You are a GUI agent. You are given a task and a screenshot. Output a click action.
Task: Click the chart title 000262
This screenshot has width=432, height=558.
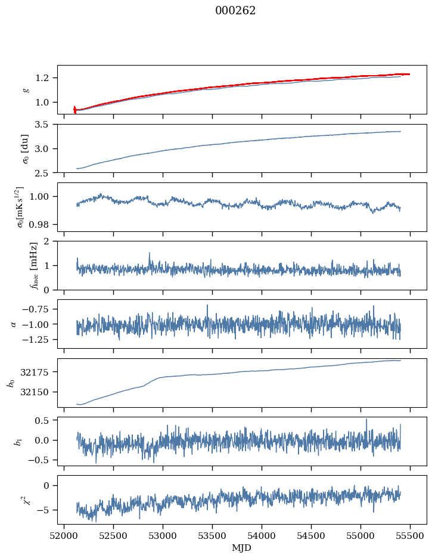click(235, 11)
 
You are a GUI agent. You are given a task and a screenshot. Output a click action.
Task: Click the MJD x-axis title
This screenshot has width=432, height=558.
click(242, 547)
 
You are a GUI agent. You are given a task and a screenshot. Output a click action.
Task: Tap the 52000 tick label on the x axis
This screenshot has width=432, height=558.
click(64, 535)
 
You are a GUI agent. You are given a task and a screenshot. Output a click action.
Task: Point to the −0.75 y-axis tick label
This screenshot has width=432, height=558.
click(39, 309)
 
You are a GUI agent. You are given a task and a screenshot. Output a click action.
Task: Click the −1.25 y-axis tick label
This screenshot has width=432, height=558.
click(39, 339)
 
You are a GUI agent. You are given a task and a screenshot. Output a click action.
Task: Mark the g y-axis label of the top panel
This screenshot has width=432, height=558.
click(26, 89)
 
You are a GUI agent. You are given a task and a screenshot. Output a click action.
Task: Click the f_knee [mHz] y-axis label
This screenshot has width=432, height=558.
click(17, 265)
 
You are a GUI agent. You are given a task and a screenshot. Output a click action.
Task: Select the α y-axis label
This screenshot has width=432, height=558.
click(13, 324)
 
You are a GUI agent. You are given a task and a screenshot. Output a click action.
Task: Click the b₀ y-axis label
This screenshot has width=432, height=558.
click(11, 383)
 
